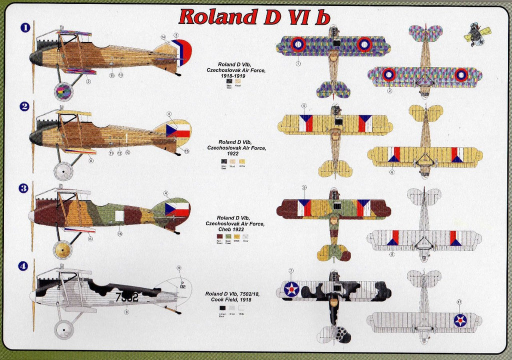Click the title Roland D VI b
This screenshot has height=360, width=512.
pos(254,16)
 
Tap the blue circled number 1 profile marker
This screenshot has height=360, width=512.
pos(23,27)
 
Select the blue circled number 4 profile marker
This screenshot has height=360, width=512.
pos(23,266)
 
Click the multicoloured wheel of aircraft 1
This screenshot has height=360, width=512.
pos(63,92)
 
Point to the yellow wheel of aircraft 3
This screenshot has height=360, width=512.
pos(63,250)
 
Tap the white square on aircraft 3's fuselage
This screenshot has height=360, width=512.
pos(119,215)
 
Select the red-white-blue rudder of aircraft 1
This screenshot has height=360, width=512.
pos(181,52)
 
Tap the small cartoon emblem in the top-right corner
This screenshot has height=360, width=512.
pos(477,34)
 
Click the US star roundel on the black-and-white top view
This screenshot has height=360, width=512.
pos(291,289)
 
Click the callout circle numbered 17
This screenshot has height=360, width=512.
pos(460,302)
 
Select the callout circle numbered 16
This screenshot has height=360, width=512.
pos(120,233)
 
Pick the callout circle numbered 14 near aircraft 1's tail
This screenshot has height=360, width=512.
pos(163,37)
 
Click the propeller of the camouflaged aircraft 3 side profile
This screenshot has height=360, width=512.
pos(32,216)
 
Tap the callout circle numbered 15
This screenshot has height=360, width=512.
pos(186,151)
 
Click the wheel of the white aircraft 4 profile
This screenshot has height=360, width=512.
pos(64,330)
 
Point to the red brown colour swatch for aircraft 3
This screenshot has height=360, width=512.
pos(219,236)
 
